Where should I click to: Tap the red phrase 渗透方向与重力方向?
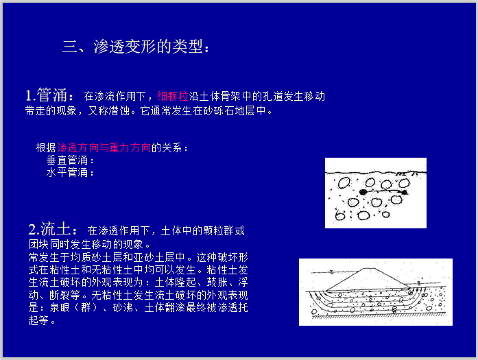pos(104,147)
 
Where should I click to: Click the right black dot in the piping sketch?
pos(405,192)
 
